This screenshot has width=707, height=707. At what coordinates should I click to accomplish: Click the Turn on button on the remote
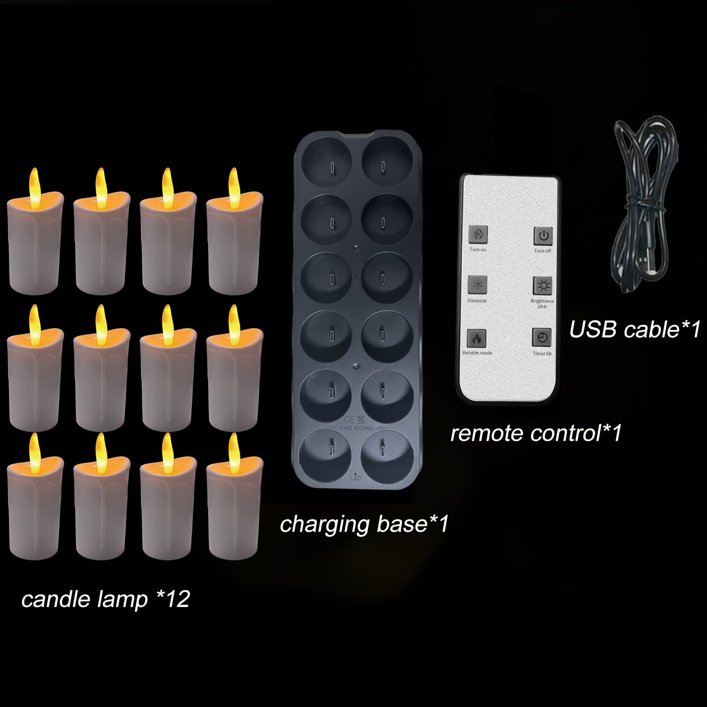click(x=477, y=234)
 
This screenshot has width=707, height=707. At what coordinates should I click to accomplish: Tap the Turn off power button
click(x=543, y=236)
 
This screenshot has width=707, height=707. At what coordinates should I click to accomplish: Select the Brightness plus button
click(x=543, y=286)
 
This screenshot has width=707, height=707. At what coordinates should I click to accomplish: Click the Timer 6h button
click(x=542, y=337)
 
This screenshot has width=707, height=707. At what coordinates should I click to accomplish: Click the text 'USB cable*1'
click(x=634, y=329)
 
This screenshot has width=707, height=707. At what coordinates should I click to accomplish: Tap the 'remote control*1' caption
click(x=536, y=433)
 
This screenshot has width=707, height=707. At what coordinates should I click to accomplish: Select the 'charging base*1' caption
click(x=364, y=524)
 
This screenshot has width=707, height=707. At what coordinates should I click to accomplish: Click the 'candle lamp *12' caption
click(x=105, y=599)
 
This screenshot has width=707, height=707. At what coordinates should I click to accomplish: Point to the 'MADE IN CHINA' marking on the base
click(x=356, y=428)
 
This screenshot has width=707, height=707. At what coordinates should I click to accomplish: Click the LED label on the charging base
click(x=356, y=478)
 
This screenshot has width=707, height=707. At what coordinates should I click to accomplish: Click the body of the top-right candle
click(x=234, y=250)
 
